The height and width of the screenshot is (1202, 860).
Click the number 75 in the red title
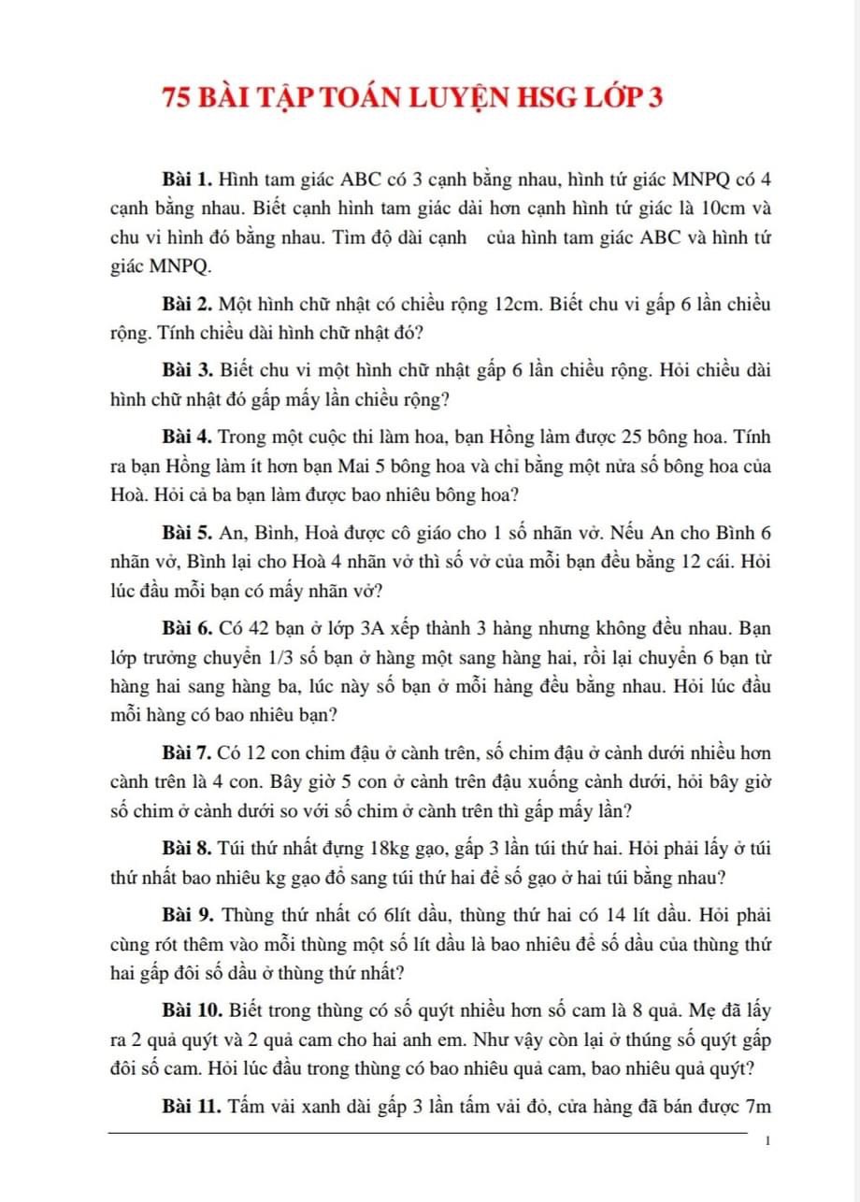pos(179,98)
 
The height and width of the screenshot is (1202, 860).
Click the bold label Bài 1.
pos(189,178)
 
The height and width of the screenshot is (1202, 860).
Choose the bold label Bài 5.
pos(189,532)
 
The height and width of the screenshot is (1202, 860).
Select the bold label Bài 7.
pos(189,751)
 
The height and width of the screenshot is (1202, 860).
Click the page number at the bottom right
pos(767,1141)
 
